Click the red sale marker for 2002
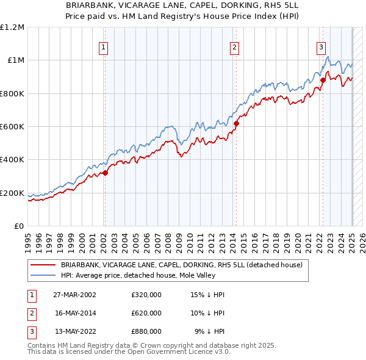(105, 173)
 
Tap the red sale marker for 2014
(236, 123)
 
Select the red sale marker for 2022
(323, 80)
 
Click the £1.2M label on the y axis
(12, 27)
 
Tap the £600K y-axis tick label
(12, 127)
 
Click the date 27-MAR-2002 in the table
(74, 295)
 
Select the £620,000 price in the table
(146, 313)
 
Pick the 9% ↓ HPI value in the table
(210, 331)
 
